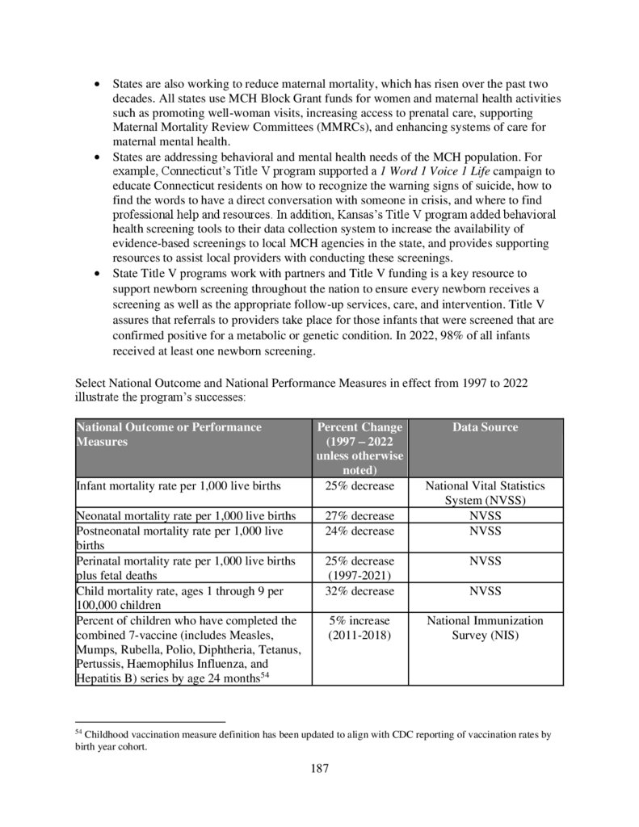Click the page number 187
(x=319, y=767)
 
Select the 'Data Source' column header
(x=485, y=427)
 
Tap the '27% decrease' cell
(x=359, y=516)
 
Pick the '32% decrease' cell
(x=359, y=591)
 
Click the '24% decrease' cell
(x=359, y=531)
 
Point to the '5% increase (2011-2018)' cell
(x=359, y=628)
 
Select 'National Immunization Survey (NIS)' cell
(x=485, y=628)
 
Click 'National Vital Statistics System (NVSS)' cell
(x=485, y=493)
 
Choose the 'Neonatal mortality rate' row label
(x=186, y=516)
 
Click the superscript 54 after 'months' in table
(x=263, y=675)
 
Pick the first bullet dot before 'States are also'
(x=98, y=84)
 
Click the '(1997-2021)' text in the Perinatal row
(x=359, y=576)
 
